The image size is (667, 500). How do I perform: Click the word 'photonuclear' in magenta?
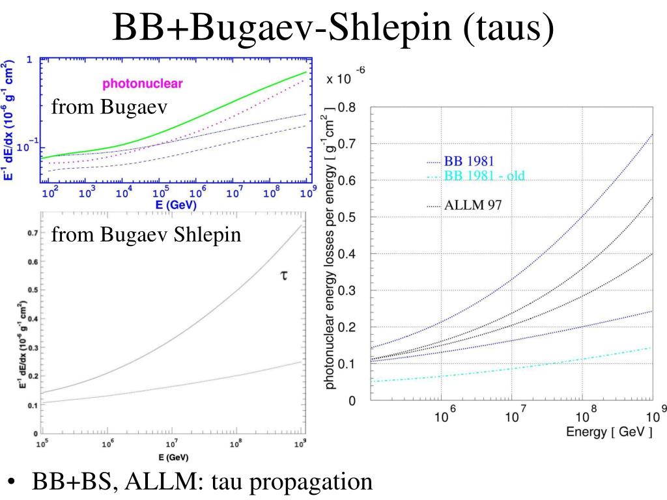(x=142, y=83)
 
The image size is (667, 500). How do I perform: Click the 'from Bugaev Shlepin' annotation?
(x=147, y=234)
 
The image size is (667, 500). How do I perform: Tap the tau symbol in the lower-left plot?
(x=283, y=276)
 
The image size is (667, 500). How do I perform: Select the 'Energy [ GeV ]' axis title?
(x=608, y=432)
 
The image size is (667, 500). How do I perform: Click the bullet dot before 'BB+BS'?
(x=12, y=483)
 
